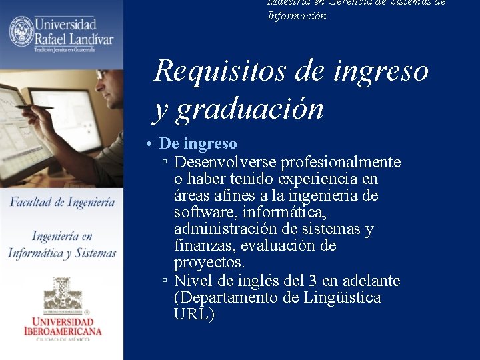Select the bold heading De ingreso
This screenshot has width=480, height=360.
pos(198,144)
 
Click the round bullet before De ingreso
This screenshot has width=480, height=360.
pos(153,145)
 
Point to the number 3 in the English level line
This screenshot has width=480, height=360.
pos(313,280)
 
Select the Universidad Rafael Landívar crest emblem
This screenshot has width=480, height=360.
pos(21,32)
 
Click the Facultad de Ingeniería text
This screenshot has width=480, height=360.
pos(62,202)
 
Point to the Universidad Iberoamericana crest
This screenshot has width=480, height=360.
pos(62,293)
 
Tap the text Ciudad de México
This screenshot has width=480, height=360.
pos(62,341)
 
